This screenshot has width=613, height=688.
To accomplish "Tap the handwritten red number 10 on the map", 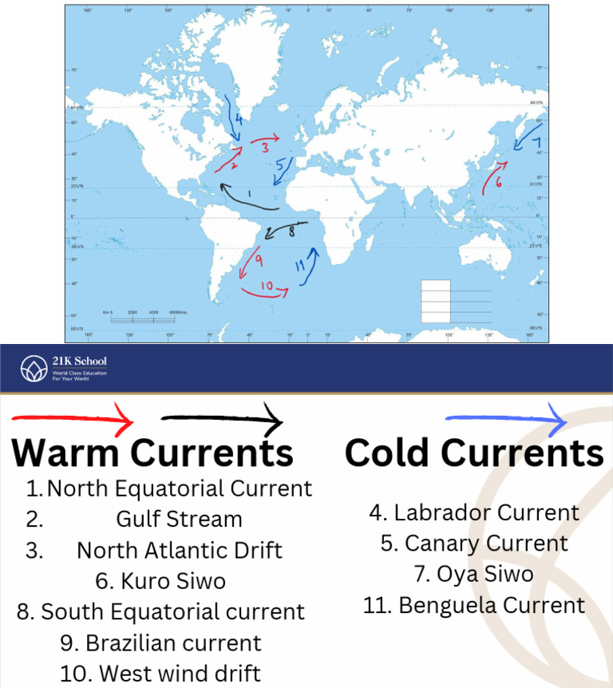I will (x=266, y=285).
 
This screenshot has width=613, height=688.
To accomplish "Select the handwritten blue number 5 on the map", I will (x=280, y=166).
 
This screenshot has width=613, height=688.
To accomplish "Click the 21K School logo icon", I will (x=34, y=368).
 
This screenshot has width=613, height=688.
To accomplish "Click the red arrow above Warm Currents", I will (x=72, y=418).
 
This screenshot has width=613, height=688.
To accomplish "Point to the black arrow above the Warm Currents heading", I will (x=222, y=417).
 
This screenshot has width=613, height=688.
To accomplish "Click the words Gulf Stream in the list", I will (x=179, y=519).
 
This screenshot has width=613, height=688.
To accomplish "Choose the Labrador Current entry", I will (x=474, y=512).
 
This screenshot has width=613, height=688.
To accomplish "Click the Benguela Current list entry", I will (x=474, y=605).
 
